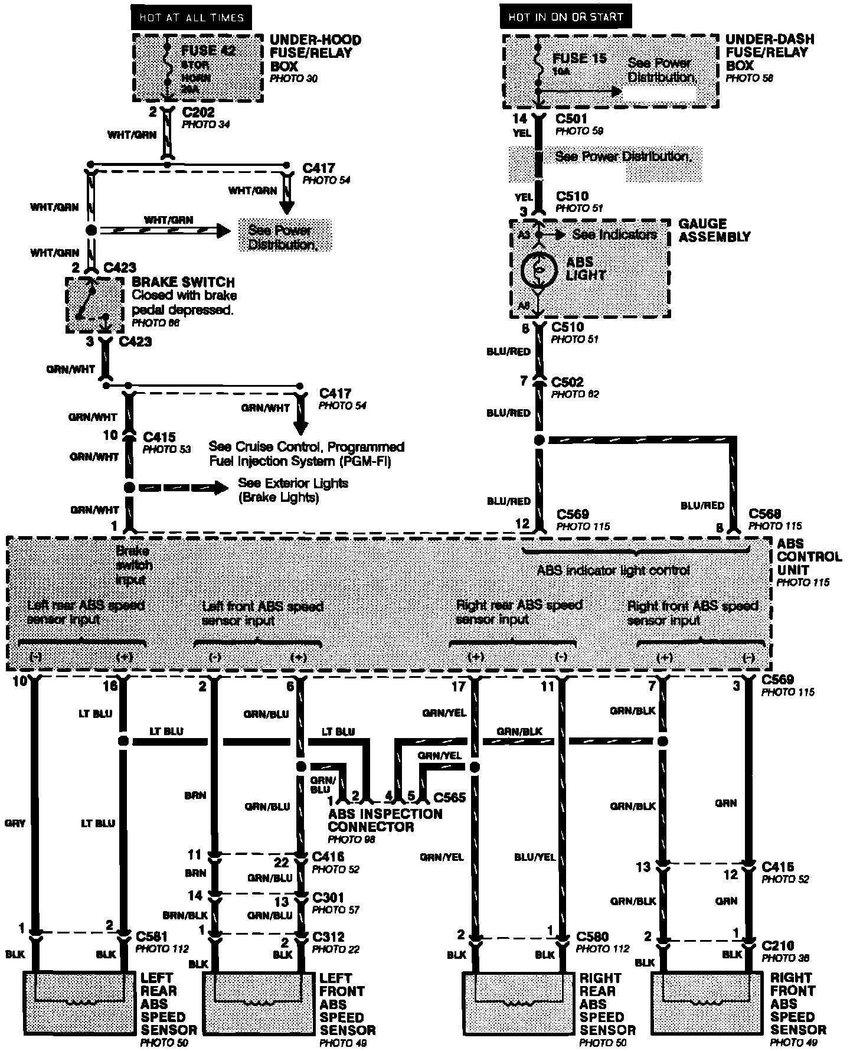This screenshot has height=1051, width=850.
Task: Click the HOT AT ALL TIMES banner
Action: pyautogui.click(x=191, y=17)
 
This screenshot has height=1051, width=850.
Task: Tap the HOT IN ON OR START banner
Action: pyautogui.click(x=565, y=17)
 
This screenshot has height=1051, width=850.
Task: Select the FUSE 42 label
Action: pyautogui.click(x=208, y=51)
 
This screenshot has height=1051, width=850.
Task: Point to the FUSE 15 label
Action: pyautogui.click(x=579, y=58)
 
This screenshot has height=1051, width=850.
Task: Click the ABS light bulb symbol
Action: pyautogui.click(x=540, y=269)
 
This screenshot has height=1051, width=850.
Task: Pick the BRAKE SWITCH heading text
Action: pyautogui.click(x=183, y=282)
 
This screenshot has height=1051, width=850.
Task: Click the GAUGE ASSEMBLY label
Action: pyautogui.click(x=714, y=230)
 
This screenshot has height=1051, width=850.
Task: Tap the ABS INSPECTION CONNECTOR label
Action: pyautogui.click(x=385, y=820)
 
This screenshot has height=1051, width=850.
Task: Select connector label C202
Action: pyautogui.click(x=198, y=112)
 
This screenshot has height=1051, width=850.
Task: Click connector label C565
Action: pyautogui.click(x=450, y=798)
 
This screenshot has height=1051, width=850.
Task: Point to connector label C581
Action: pyautogui.click(x=153, y=936)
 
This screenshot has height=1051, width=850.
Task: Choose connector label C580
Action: pyautogui.click(x=592, y=936)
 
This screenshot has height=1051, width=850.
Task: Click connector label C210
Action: pyautogui.click(x=777, y=945)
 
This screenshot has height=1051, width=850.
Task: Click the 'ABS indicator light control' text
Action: pyautogui.click(x=613, y=570)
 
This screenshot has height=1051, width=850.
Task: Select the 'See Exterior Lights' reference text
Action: pyautogui.click(x=293, y=484)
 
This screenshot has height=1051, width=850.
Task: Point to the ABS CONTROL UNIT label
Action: pyautogui.click(x=809, y=557)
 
